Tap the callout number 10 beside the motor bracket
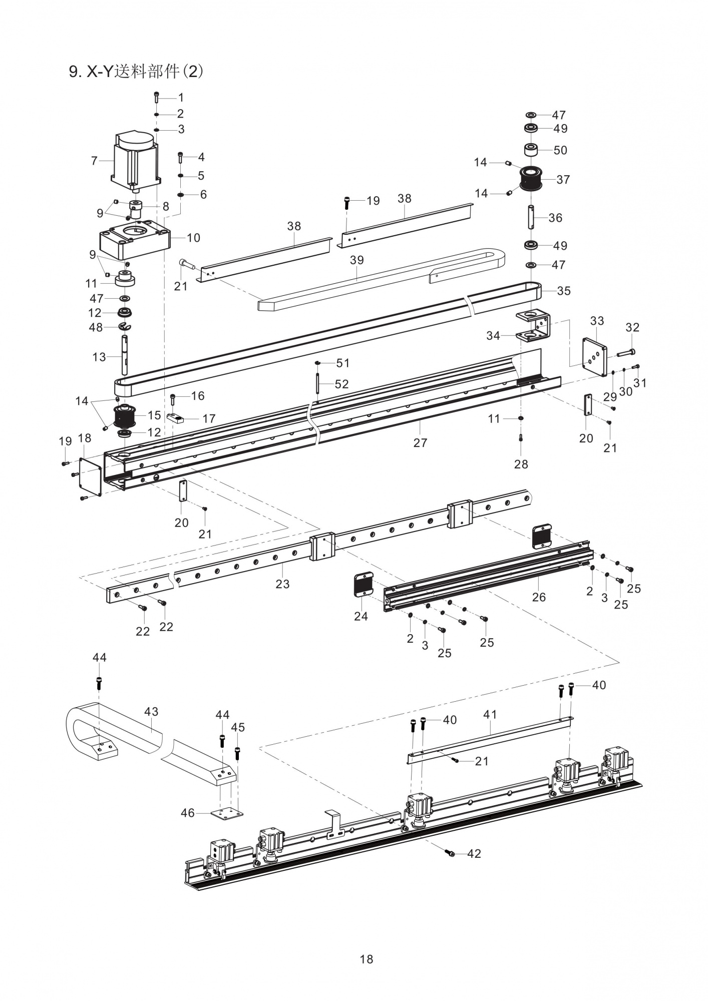click(193, 238)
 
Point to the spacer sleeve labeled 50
click(531, 150)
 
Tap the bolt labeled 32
click(625, 353)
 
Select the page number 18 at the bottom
click(366, 959)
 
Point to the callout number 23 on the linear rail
click(282, 584)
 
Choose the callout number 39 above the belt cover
click(357, 260)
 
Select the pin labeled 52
click(317, 384)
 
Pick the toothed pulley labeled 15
click(126, 416)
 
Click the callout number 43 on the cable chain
click(151, 711)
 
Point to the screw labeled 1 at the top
click(157, 97)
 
